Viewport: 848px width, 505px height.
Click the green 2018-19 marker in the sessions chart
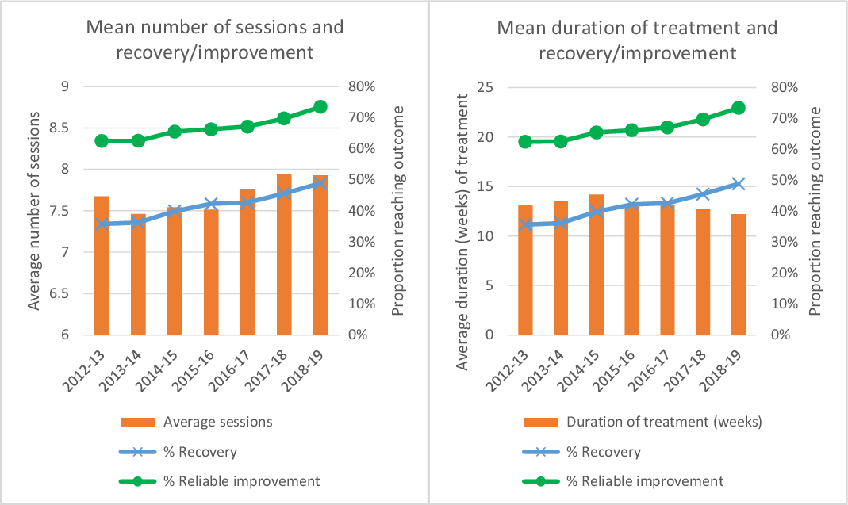coord(320,107)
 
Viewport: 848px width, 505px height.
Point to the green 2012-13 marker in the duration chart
coord(525,141)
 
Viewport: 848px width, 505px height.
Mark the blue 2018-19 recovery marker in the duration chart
coord(716,184)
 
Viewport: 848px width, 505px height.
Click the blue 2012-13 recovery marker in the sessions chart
coord(102,224)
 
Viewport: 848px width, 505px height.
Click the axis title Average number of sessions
coord(33,211)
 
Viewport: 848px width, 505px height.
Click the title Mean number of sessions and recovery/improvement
coord(214,40)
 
